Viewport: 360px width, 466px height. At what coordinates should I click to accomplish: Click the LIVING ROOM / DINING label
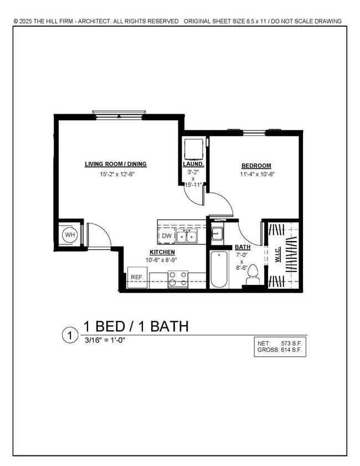pos(115,164)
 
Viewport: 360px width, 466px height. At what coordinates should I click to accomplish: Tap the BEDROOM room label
pos(256,166)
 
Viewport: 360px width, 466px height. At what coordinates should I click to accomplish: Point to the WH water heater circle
pos(70,235)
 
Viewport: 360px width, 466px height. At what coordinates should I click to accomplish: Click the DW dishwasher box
pos(167,237)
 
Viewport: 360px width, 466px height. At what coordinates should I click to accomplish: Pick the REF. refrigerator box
pos(137,277)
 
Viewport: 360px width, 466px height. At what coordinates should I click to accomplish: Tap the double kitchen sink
pos(188,237)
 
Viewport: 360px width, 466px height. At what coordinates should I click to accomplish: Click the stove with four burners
pos(178,279)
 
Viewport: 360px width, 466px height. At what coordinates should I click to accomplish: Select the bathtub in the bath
pos(219,269)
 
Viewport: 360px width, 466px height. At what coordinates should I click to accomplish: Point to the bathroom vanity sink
pos(217,234)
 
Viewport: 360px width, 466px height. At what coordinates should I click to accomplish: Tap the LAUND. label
pos(193,165)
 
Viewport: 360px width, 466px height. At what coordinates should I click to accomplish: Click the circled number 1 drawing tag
pos(70,335)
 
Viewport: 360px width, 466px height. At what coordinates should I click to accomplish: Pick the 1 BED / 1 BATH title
pos(136,326)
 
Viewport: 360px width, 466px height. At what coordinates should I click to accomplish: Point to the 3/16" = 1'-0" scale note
pos(104,340)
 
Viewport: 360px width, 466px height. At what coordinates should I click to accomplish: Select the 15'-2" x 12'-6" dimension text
pos(117,174)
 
